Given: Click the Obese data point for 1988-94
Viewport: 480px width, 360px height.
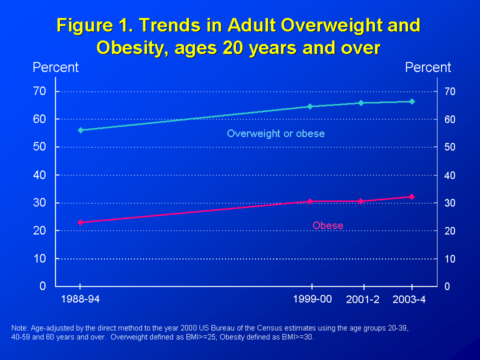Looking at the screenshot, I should [80, 222].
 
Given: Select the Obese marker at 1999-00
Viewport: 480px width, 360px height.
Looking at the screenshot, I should [310, 201].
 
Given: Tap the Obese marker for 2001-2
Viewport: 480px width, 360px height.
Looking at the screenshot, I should [361, 201].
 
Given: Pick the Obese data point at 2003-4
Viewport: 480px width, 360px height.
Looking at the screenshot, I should [412, 197].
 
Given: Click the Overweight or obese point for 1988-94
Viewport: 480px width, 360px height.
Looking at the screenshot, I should [80, 130].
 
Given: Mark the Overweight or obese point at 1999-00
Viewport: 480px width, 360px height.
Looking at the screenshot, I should [310, 106].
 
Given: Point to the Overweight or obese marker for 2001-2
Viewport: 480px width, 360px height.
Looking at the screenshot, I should [361, 103].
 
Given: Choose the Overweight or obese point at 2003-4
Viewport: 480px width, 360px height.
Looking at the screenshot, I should [412, 101].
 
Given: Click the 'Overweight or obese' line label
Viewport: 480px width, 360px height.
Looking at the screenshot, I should [275, 133].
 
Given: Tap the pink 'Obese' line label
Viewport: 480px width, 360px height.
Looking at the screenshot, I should [328, 225].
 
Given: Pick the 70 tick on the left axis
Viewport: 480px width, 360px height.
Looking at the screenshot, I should [39, 91].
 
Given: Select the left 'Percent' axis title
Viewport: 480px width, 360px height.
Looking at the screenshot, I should [55, 67].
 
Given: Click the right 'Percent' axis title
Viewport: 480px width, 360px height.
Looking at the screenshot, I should [428, 67].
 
